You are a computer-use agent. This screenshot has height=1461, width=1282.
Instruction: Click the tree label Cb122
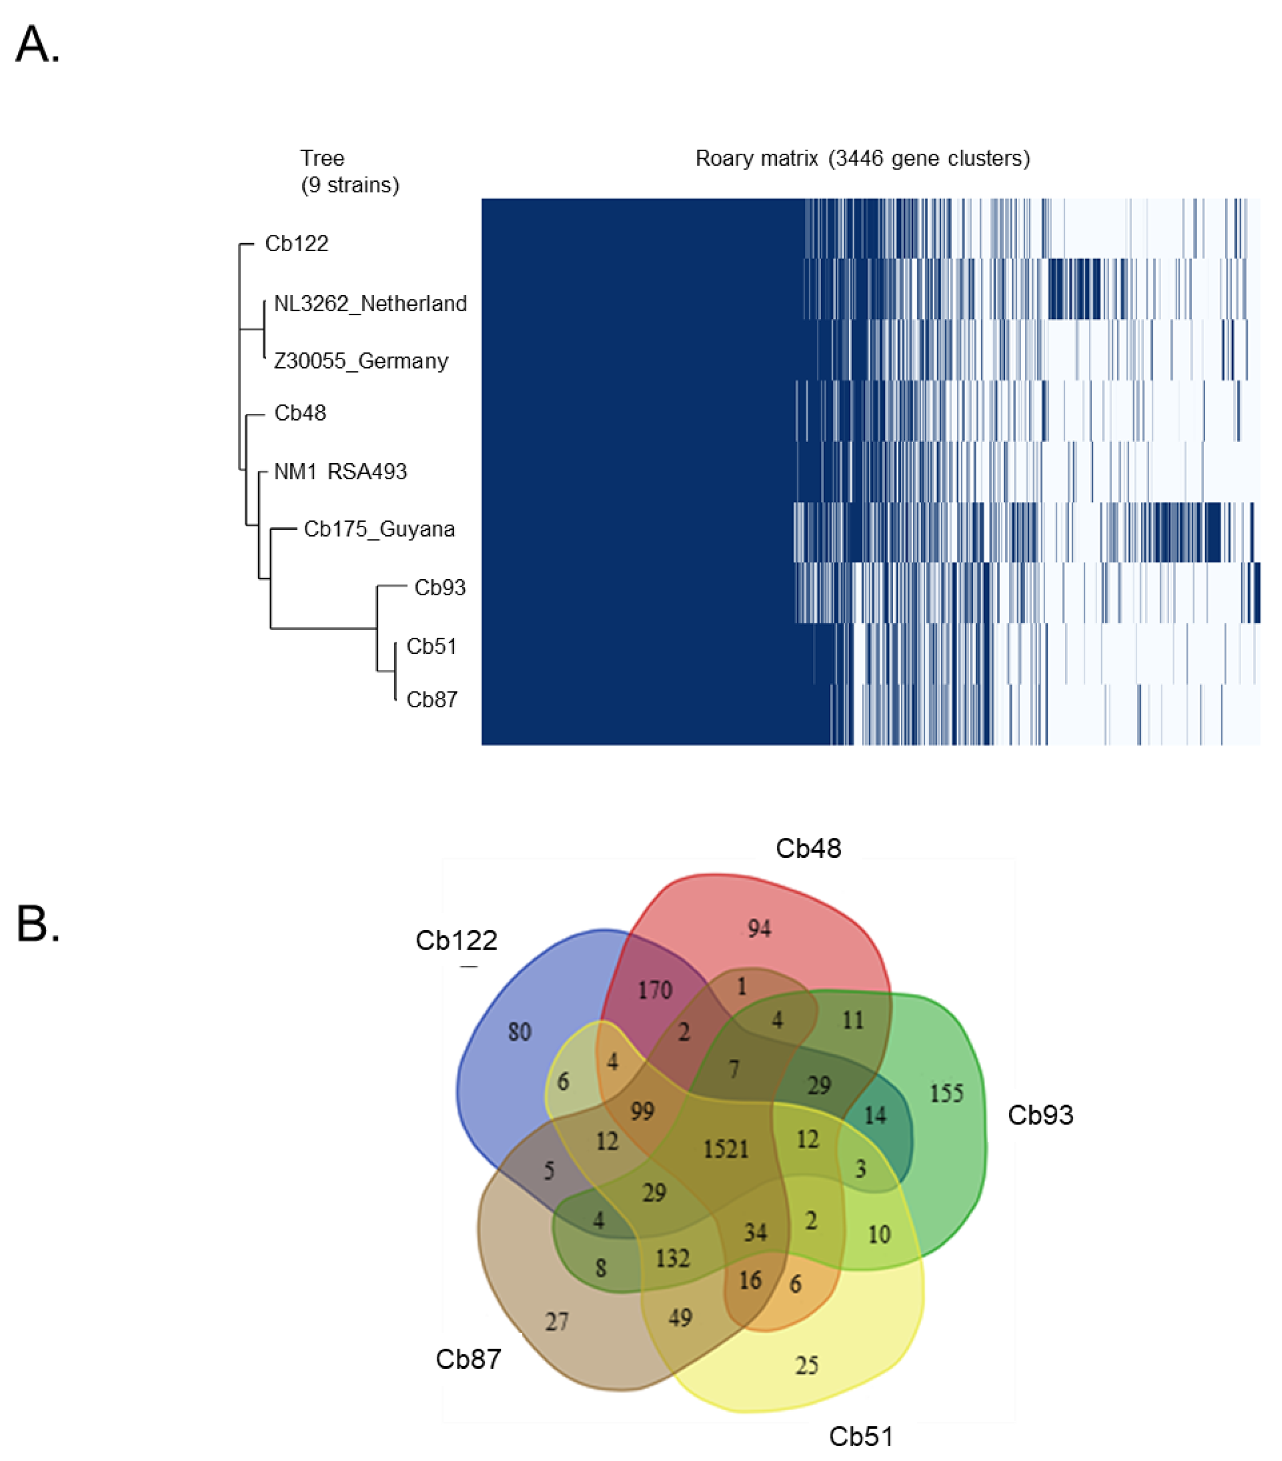pos(296,244)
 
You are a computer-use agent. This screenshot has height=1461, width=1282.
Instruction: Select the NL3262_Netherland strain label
pos(370,304)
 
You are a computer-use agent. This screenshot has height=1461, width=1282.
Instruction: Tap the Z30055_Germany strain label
pos(360,361)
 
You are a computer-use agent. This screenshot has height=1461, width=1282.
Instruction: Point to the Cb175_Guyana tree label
pos(379,529)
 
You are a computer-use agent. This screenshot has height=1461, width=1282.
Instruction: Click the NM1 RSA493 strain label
pos(340,472)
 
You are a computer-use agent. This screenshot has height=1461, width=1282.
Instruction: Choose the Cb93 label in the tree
pos(440,588)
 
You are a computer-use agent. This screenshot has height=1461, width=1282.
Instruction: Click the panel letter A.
pos(37,45)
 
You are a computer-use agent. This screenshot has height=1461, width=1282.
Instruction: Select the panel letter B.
pos(37,924)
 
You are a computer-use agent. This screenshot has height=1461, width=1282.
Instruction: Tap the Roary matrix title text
pos(862,158)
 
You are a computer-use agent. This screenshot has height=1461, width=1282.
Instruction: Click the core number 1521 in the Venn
pos(726,1149)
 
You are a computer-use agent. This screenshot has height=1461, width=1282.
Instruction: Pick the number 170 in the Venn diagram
pos(654,990)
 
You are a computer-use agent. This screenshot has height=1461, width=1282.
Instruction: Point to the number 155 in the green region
pos(946,1093)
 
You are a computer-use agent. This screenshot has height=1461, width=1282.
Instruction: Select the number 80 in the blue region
pos(519,1031)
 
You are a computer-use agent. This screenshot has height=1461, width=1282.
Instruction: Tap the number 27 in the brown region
pos(556,1322)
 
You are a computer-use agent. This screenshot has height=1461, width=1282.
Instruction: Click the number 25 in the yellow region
pos(807,1365)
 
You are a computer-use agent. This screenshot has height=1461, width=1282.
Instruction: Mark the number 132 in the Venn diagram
pos(672,1258)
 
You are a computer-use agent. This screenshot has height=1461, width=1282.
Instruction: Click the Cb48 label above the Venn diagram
pos(808,848)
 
